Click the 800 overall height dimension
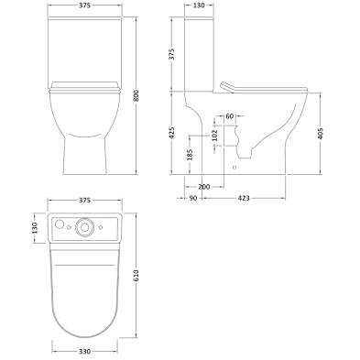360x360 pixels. click(136, 96)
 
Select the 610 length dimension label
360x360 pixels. click(136, 276)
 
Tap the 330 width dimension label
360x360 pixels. click(84, 352)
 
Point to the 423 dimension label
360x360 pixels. click(244, 198)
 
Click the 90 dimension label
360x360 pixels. click(193, 198)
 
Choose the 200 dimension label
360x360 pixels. click(204, 187)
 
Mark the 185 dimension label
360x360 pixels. click(190, 155)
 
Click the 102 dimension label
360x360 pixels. click(214, 136)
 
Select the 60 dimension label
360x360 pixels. click(230, 116)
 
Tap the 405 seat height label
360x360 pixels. click(321, 134)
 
